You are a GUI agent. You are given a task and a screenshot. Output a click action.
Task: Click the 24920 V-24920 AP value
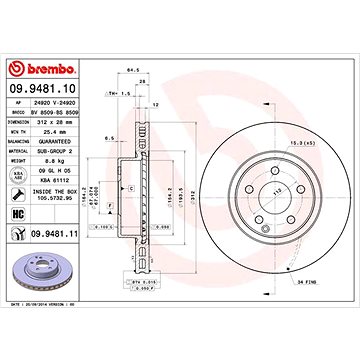click(56, 104)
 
